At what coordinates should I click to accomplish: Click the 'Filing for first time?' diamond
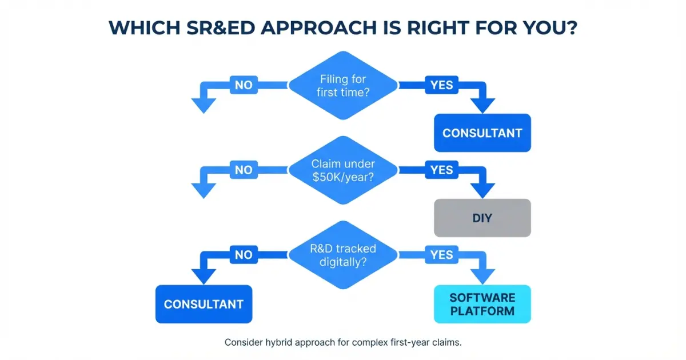(x=343, y=86)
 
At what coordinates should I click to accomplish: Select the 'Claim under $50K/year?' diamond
(x=343, y=170)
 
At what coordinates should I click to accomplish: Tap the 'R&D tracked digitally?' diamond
(x=343, y=255)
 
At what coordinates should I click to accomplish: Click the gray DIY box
(x=482, y=218)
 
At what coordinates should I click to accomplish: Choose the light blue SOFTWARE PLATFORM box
(x=482, y=304)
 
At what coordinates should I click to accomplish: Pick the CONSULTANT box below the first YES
(x=482, y=133)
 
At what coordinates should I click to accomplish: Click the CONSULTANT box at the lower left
(x=204, y=304)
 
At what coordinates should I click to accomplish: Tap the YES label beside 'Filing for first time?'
(x=441, y=86)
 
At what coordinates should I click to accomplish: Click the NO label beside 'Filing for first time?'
(x=244, y=86)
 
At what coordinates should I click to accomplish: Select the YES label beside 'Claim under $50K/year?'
(x=441, y=170)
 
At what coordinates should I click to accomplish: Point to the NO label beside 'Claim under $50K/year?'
(x=244, y=170)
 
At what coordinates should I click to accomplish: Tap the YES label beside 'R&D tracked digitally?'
(x=441, y=255)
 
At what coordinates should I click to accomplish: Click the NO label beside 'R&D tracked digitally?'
(x=244, y=255)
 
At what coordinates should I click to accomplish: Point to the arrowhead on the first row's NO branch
(x=204, y=106)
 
